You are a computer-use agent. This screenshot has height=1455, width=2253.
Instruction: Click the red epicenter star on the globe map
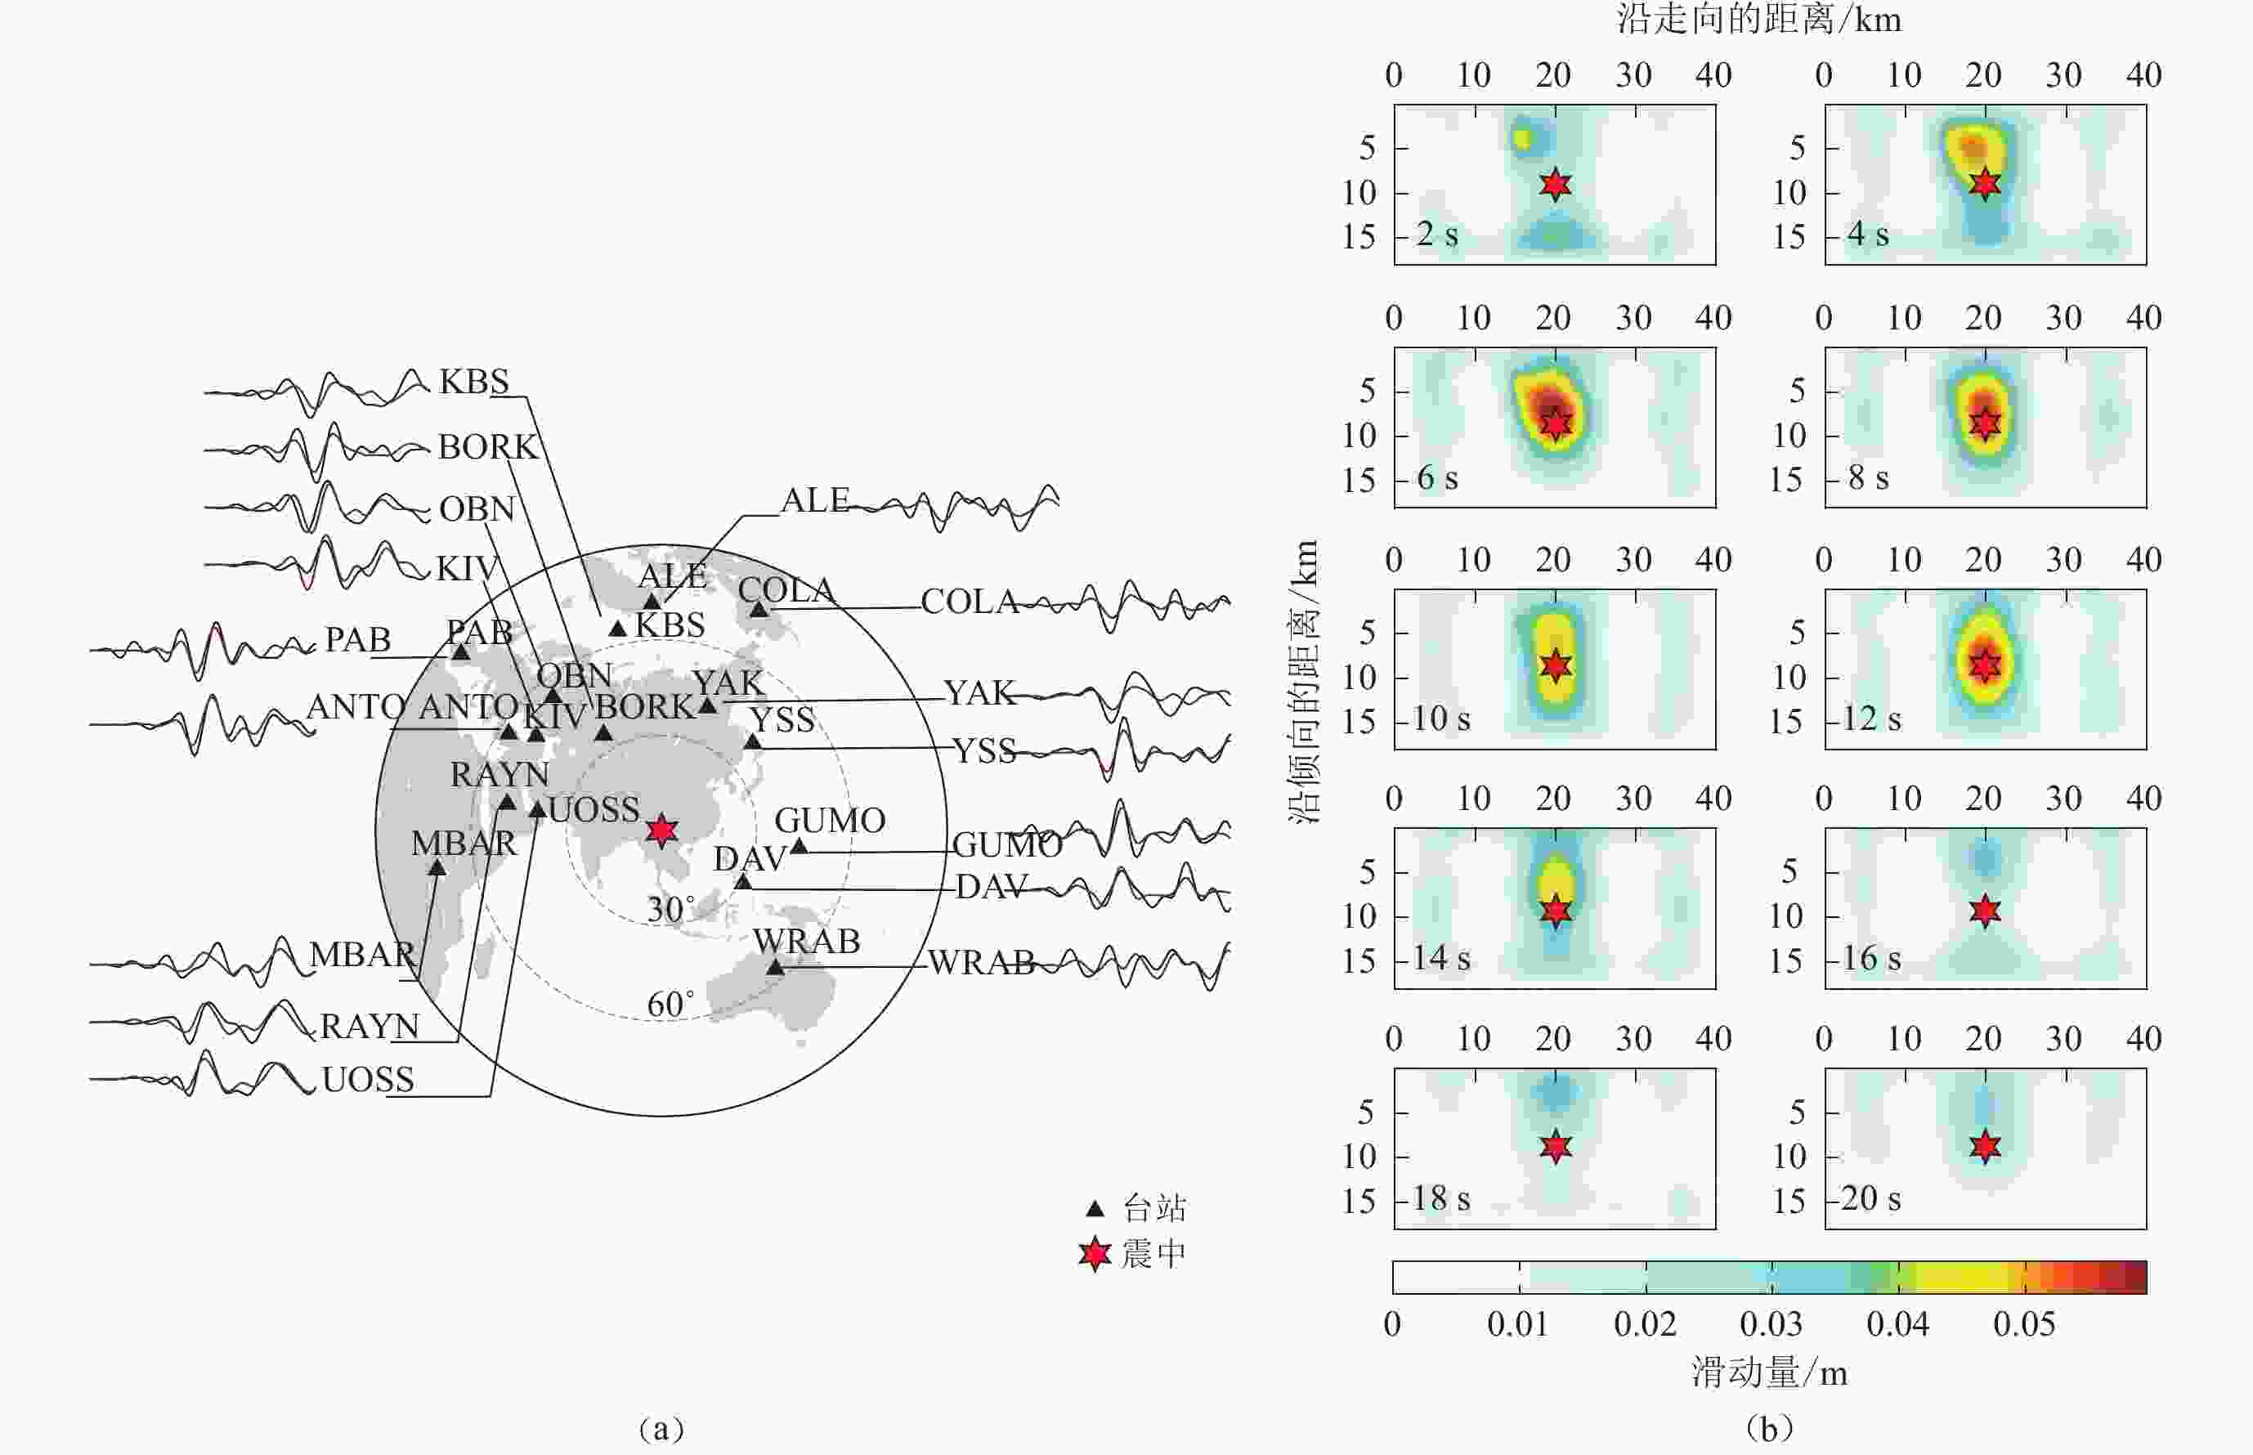(661, 830)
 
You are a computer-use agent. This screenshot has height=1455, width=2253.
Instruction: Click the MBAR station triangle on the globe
(437, 867)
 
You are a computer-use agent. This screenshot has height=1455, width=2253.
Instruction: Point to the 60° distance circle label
(670, 1005)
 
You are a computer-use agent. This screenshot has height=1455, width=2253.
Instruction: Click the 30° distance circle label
(670, 910)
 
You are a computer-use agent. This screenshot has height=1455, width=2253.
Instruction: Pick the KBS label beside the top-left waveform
(474, 382)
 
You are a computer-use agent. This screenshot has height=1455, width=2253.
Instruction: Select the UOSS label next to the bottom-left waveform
(368, 1080)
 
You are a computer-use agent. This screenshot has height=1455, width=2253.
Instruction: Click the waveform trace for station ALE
(954, 508)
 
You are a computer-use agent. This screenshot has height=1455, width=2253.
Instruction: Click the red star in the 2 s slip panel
(1555, 184)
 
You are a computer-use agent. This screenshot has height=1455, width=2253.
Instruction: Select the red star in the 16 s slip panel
(1985, 911)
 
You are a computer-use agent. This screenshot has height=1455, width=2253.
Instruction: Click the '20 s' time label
(1870, 1199)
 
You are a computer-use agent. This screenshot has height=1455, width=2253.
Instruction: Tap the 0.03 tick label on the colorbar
(1771, 1324)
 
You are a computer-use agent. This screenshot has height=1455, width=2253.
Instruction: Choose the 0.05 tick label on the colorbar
(2023, 1324)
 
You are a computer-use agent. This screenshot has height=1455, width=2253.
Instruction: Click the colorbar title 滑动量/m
(1769, 1372)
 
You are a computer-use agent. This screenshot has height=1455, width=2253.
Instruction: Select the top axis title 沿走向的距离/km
(1758, 20)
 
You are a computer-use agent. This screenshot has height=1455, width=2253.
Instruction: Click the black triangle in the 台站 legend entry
(1095, 1208)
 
